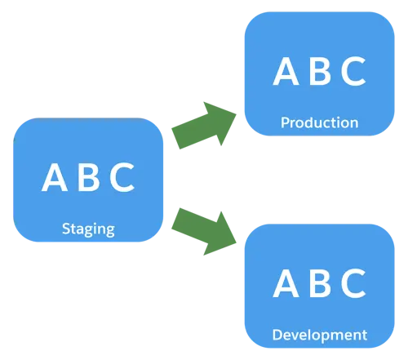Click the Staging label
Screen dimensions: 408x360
pyautogui.click(x=88, y=229)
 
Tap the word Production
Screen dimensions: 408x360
pyautogui.click(x=320, y=122)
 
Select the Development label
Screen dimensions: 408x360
pyautogui.click(x=320, y=336)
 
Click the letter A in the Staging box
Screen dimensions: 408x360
pyautogui.click(x=55, y=177)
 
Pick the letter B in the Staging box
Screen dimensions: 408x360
pyautogui.click(x=88, y=177)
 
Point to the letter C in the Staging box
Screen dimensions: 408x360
pyautogui.click(x=122, y=177)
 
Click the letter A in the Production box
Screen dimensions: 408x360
pyautogui.click(x=286, y=71)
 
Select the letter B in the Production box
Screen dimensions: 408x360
pyautogui.click(x=320, y=71)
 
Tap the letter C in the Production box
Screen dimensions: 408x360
pyautogui.click(x=353, y=71)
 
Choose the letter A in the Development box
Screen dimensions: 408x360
pyautogui.click(x=286, y=283)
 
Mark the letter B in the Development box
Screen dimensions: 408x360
pyautogui.click(x=320, y=283)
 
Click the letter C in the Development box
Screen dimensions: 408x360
pyautogui.click(x=353, y=283)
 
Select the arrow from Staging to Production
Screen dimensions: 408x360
pyautogui.click(x=205, y=126)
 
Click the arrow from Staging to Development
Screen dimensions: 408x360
pyautogui.click(x=205, y=232)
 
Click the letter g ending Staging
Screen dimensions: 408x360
pyautogui.click(x=109, y=231)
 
